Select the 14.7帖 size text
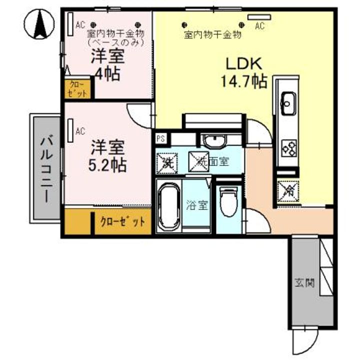click(244, 81)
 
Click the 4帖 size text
click(107, 74)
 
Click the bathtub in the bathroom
click(168, 205)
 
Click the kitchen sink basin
click(288, 100)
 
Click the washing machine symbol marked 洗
click(166, 161)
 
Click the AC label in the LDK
click(259, 26)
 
